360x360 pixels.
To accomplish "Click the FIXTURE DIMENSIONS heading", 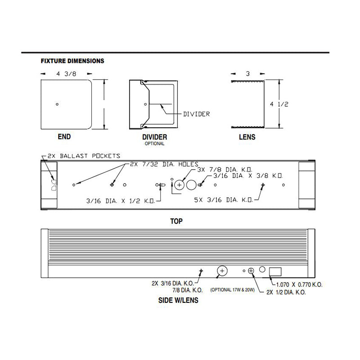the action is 72,61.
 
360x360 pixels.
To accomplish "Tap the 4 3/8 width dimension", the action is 66,74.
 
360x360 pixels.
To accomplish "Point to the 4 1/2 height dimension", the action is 279,104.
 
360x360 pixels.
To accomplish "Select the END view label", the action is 64,137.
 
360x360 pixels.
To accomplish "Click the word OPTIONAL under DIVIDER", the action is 154,144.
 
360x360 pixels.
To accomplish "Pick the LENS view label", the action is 247,137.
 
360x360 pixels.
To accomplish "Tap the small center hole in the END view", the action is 57,104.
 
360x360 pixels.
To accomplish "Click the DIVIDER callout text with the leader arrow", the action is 197,114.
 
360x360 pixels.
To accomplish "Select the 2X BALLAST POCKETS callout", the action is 84,156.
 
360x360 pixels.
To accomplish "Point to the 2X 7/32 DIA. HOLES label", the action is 164,164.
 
